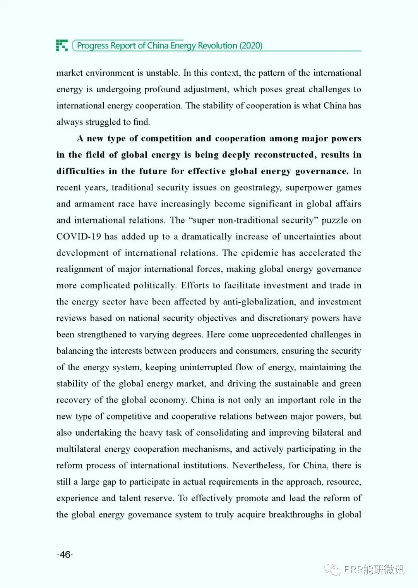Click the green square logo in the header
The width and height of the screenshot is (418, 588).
pos(62,45)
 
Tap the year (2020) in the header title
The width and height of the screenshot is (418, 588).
pos(251,46)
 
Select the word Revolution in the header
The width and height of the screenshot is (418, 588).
pos(218,46)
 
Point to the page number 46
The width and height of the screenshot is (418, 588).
pos(65,554)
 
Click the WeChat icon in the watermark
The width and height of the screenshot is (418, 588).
pos(332,569)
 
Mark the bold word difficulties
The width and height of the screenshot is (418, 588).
pos(81,171)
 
